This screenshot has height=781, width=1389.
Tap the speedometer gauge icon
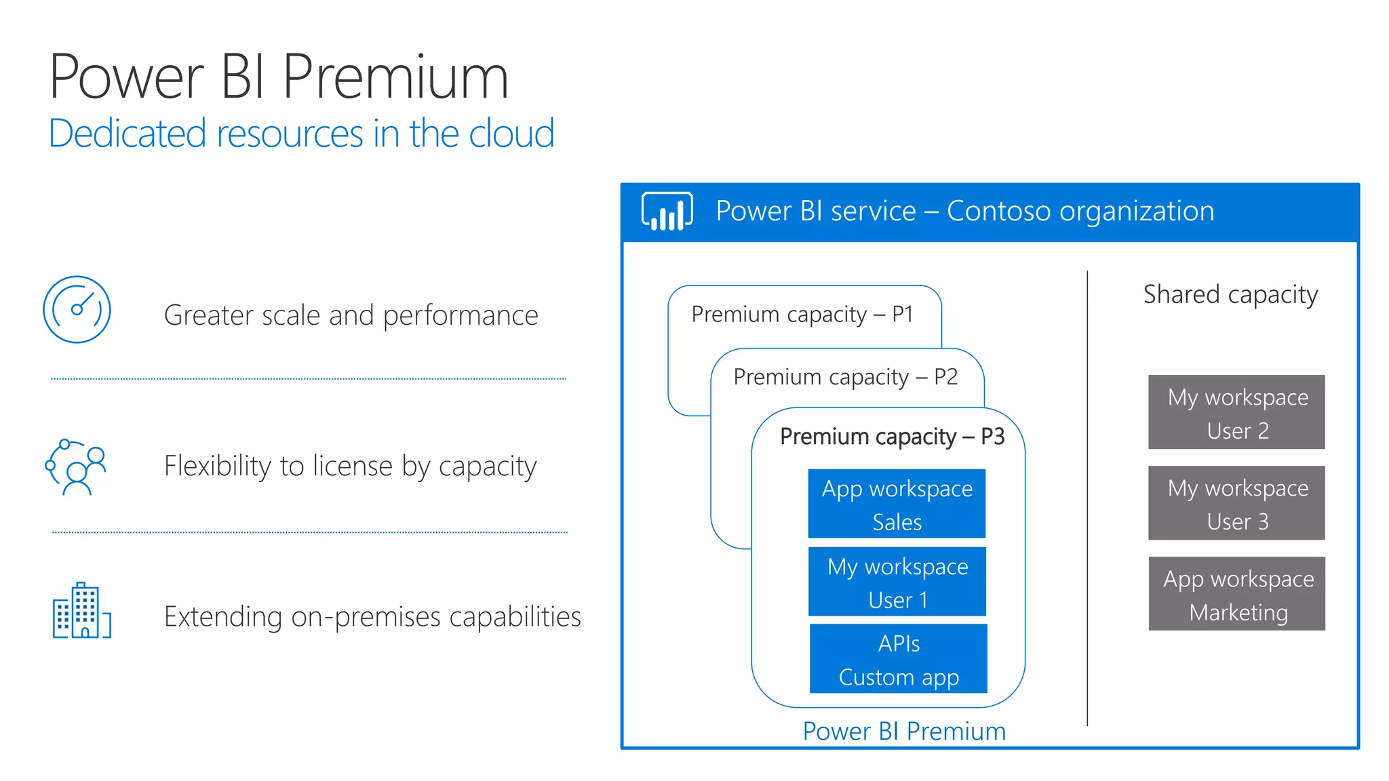click(77, 310)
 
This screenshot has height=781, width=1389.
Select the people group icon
click(76, 467)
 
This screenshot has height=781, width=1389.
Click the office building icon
click(81, 611)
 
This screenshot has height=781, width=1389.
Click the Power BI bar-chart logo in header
click(667, 212)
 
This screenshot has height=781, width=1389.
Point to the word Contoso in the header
click(999, 212)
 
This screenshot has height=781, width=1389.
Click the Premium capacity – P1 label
click(802, 315)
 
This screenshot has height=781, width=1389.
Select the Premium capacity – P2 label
click(845, 377)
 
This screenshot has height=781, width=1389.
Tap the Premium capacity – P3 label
click(892, 437)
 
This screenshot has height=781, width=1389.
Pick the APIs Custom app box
click(898, 659)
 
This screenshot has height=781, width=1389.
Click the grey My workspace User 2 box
click(1236, 412)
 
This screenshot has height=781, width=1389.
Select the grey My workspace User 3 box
click(1236, 503)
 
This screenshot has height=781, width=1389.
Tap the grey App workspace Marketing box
click(1237, 594)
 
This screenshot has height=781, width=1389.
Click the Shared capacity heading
click(1230, 295)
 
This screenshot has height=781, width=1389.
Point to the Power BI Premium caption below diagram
click(903, 732)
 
